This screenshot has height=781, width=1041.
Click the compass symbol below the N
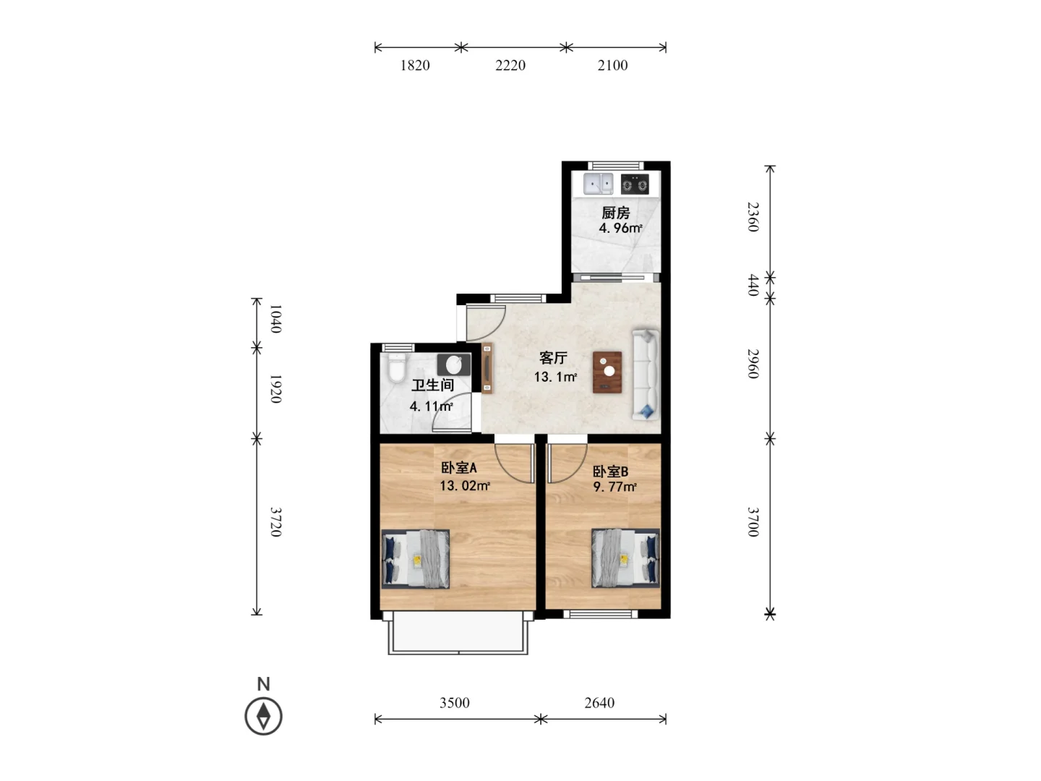tap(263, 716)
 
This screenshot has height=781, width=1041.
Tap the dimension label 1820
tap(415, 65)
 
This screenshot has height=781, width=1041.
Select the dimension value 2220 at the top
tap(510, 65)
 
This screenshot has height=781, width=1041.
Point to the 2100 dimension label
tap(612, 65)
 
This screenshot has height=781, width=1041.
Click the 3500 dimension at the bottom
tap(454, 703)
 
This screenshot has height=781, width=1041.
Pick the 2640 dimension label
tap(599, 703)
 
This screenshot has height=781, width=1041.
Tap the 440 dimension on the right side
tap(753, 285)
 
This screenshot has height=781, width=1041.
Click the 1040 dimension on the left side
tap(275, 319)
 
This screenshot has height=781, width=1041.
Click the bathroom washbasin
tap(454, 364)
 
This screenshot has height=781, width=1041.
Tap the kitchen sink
tap(598, 184)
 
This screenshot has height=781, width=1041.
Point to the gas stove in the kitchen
tap(635, 184)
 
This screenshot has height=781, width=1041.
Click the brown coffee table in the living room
tap(607, 372)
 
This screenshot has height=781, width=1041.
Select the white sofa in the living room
tap(646, 375)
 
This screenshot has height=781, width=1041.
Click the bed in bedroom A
tap(416, 558)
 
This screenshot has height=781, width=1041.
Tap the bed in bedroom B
tap(625, 558)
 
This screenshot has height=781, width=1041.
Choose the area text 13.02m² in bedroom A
tap(465, 486)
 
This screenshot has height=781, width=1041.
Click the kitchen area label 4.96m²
tap(620, 228)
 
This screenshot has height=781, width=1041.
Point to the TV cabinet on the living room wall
tap(487, 369)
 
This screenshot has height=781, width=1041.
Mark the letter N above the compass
tap(263, 684)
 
